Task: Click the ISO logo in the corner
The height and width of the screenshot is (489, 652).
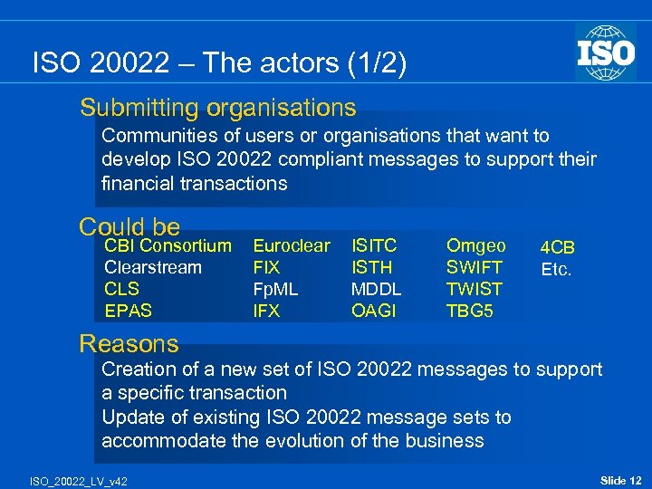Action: (x=606, y=52)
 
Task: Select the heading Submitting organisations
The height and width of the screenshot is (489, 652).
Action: (x=217, y=109)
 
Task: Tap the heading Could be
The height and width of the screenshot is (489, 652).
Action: (x=129, y=226)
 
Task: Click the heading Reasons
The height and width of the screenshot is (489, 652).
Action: (x=129, y=344)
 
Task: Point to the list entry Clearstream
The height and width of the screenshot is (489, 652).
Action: (x=153, y=268)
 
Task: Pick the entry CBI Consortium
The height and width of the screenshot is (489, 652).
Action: (x=168, y=245)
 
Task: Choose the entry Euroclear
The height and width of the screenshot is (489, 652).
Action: (x=292, y=245)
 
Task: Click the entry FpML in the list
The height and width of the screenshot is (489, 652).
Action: (x=276, y=290)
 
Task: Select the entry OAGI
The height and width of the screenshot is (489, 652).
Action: (x=372, y=312)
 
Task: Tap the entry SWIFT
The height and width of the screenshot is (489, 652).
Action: (x=473, y=268)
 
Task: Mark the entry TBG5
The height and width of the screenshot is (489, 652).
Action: (x=469, y=312)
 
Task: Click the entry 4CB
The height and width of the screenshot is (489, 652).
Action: (x=558, y=247)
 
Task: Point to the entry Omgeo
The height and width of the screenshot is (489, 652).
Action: (x=475, y=245)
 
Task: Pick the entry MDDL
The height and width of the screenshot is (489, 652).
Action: (x=376, y=290)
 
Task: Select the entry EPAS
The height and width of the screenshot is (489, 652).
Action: (x=128, y=312)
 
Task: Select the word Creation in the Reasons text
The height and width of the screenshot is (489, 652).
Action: (x=137, y=369)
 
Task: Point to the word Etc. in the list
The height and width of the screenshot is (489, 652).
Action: (x=556, y=269)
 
